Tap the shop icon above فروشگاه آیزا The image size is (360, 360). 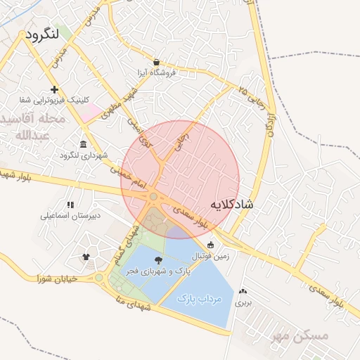pos(156,62)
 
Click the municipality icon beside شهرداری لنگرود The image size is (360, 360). pos(84,144)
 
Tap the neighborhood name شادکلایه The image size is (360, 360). pos(233,204)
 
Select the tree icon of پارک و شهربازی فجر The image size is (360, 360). pos(156,260)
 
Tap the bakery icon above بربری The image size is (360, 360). pos(243,291)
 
